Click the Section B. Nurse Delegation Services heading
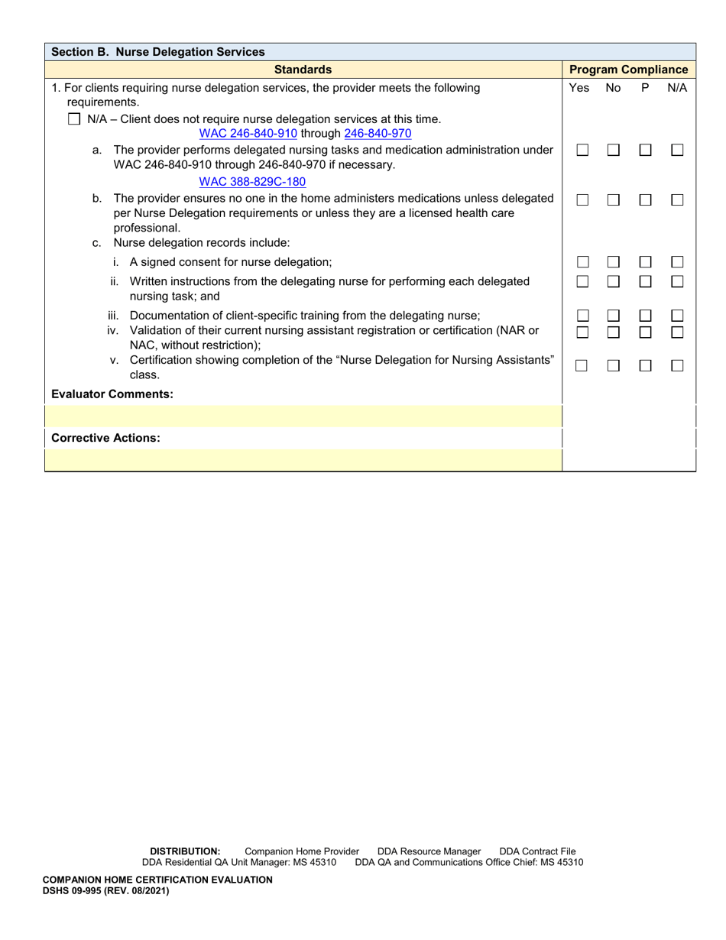(157, 52)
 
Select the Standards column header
(303, 70)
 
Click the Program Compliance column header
(629, 70)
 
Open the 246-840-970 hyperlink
(378, 133)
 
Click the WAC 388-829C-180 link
(252, 182)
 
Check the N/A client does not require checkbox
(74, 119)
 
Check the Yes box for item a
(582, 151)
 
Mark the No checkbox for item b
(614, 199)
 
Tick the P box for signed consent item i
(646, 261)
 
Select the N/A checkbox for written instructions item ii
(677, 281)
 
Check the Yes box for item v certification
(582, 366)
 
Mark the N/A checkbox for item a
(677, 151)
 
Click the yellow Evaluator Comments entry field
(303, 417)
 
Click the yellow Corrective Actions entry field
(303, 459)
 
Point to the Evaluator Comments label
(112, 394)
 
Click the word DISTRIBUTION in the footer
(185, 851)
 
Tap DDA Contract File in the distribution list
(537, 851)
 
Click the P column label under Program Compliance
(645, 88)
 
